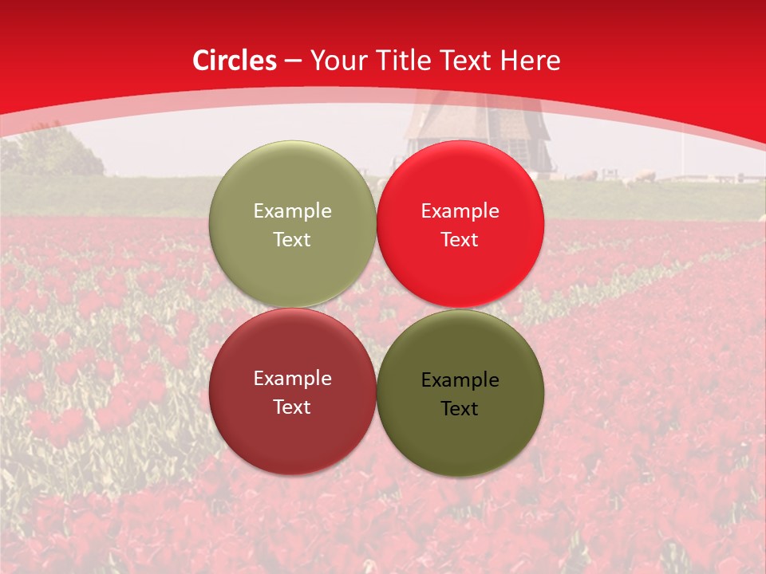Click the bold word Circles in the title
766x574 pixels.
[235, 61]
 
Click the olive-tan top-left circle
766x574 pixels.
[292, 225]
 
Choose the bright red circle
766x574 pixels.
[460, 225]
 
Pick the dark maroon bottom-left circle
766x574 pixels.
[292, 392]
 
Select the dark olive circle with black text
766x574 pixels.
[460, 394]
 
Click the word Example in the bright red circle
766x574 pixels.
[460, 211]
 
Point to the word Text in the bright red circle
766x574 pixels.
[460, 240]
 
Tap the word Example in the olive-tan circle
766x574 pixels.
[292, 211]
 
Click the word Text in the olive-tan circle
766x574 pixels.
[292, 240]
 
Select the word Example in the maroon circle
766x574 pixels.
[292, 379]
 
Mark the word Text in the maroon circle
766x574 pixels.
[292, 407]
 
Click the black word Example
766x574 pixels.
[460, 380]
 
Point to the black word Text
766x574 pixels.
[460, 409]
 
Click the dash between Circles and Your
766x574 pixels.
[293, 61]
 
